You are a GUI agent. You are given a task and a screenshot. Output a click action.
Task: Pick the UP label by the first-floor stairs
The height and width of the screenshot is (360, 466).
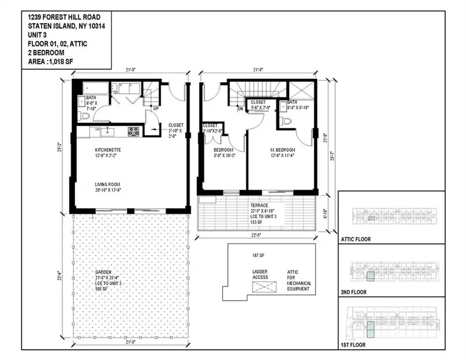[x=155, y=108]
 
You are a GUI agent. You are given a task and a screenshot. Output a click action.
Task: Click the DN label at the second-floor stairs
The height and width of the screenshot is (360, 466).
[x=240, y=109]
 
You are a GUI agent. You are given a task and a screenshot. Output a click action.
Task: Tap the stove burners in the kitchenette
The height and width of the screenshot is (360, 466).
[x=134, y=131]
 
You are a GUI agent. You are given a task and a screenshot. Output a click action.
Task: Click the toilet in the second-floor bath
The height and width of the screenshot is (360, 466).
[x=286, y=122]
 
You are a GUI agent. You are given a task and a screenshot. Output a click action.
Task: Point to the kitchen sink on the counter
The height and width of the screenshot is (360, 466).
[x=109, y=131]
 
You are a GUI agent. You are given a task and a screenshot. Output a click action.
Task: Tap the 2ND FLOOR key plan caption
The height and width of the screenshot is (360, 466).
[x=354, y=292]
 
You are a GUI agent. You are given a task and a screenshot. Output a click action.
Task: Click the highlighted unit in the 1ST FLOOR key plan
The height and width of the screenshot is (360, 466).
[x=370, y=328]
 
